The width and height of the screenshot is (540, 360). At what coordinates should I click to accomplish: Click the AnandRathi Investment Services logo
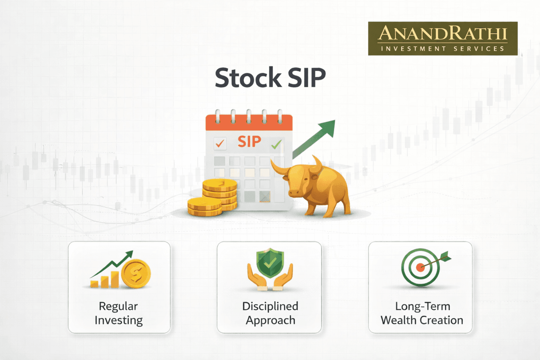click(x=443, y=39)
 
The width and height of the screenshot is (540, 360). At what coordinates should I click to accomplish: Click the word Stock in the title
click(x=248, y=77)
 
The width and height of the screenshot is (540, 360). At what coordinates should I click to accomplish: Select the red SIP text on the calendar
click(x=249, y=142)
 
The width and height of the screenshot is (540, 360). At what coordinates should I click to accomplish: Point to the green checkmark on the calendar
click(x=277, y=144)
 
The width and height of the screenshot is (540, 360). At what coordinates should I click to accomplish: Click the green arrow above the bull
click(x=314, y=139)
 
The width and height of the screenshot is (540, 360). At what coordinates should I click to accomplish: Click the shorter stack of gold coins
click(x=205, y=206)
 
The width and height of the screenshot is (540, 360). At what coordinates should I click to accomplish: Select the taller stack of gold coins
click(x=220, y=194)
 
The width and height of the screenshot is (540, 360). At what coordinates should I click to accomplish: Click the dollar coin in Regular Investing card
click(x=136, y=274)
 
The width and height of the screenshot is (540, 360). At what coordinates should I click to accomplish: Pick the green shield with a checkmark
click(x=270, y=263)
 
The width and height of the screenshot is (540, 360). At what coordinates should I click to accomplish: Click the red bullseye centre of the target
click(x=420, y=268)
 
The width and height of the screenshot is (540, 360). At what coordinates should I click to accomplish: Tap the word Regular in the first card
click(x=118, y=307)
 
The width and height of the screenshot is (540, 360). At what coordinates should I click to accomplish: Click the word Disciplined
click(x=270, y=306)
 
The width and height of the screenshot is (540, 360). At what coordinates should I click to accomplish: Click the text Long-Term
click(x=423, y=306)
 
